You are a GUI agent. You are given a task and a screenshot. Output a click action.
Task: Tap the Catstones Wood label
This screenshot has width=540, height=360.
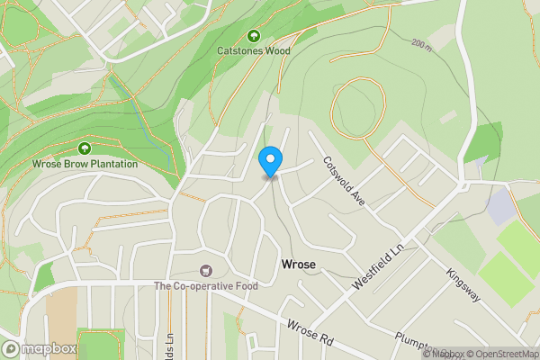(x=254, y=51)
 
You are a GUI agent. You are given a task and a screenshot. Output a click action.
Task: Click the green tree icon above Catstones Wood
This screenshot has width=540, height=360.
(x=254, y=36)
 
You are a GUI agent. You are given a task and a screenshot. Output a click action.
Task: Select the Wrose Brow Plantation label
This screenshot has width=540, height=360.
(x=85, y=164)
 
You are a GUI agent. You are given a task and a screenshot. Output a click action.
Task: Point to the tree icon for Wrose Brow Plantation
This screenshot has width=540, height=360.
(x=85, y=148)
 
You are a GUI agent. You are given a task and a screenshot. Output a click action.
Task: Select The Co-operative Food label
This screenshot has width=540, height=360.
(x=206, y=286)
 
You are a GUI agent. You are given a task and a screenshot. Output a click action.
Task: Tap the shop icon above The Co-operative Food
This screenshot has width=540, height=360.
(x=206, y=271)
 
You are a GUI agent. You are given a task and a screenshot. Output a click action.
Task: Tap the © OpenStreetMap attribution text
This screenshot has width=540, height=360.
(x=501, y=354)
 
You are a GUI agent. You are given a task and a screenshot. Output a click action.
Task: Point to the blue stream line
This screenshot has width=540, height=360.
(x=148, y=126)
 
